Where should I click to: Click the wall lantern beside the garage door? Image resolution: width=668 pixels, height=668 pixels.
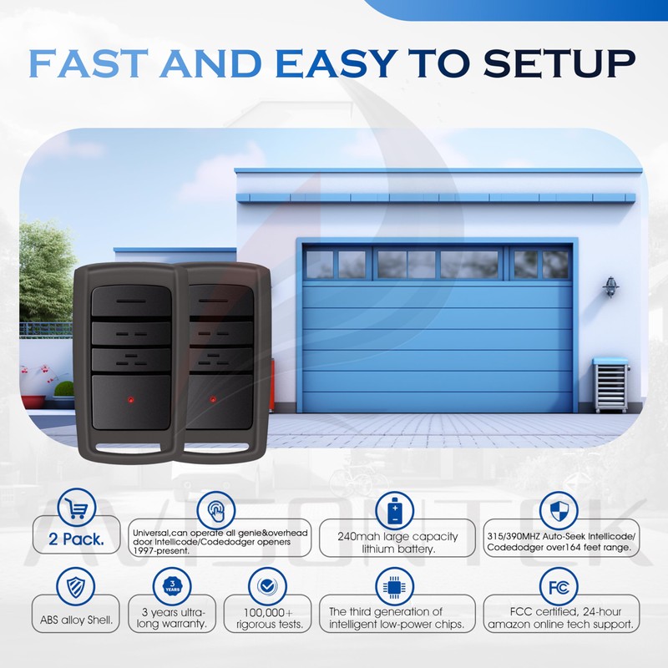(x=611, y=286)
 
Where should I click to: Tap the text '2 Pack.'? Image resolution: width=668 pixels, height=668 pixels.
(x=78, y=540)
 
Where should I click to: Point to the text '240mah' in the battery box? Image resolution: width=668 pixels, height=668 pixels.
(x=357, y=536)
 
